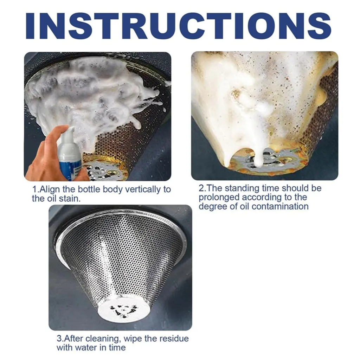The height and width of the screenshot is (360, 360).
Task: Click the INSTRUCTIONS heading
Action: tap(178, 26)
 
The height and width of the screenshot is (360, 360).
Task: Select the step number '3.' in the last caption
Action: tap(60, 339)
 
